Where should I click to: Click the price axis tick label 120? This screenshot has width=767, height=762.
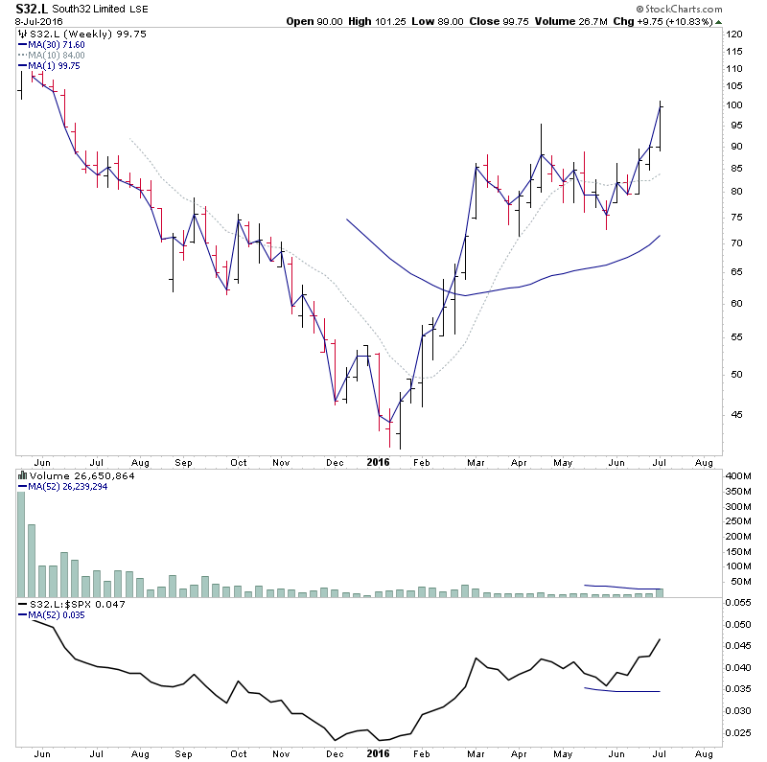[735, 35]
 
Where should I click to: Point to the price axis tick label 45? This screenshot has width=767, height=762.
[733, 415]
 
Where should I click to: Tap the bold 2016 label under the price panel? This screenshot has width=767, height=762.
[379, 462]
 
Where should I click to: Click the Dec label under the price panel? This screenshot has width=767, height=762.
[335, 462]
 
